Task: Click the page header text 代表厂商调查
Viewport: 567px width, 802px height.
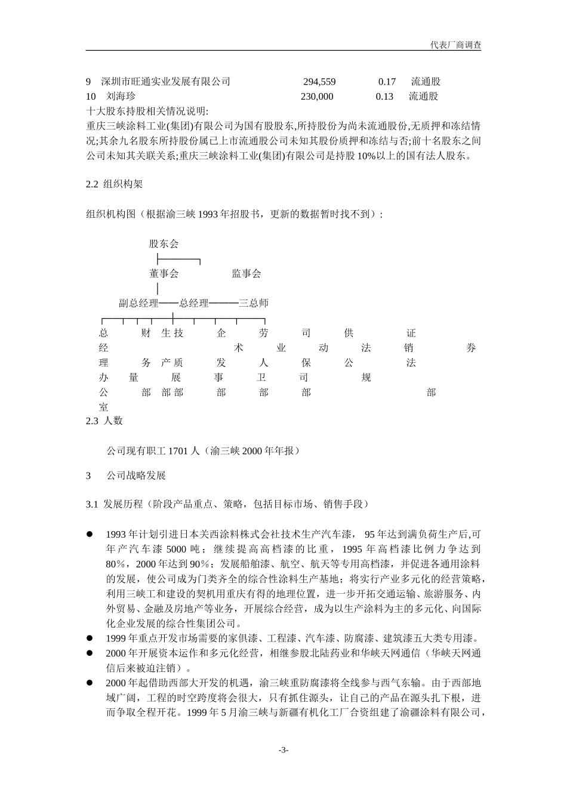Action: (455, 45)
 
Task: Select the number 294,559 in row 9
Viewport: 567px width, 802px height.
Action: (319, 82)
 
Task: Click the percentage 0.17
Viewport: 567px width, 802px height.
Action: (387, 82)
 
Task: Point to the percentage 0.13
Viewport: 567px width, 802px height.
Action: (384, 97)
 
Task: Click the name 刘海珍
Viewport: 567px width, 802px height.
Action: (121, 97)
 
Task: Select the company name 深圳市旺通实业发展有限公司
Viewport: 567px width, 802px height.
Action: (165, 82)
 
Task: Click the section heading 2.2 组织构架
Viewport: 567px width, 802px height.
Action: (115, 184)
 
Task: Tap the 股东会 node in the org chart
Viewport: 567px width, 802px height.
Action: (164, 243)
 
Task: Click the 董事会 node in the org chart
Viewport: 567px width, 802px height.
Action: (164, 274)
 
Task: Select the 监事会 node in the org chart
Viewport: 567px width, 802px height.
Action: (246, 274)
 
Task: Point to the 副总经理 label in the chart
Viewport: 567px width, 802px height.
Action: (138, 303)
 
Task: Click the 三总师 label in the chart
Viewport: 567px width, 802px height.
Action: (254, 303)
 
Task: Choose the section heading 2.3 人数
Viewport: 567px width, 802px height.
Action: (104, 421)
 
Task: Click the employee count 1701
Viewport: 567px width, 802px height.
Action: (178, 451)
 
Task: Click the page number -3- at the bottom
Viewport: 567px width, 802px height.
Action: (283, 750)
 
